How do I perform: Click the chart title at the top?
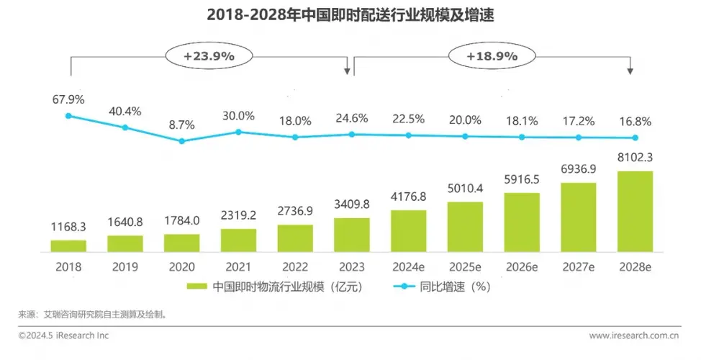(351, 15)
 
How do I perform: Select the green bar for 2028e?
(635, 212)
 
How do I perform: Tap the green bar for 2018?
(68, 246)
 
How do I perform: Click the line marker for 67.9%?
(68, 115)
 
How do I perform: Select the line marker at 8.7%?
(181, 141)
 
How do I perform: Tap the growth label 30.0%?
(238, 116)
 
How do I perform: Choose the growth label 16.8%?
(635, 120)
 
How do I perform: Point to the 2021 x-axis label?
(238, 266)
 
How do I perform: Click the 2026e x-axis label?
(521, 266)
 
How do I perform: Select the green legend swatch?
(196, 286)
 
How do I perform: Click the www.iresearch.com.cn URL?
(635, 336)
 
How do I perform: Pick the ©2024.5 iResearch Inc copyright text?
(64, 336)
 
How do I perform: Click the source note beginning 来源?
(97, 315)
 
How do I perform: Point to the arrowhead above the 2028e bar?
(630, 71)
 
